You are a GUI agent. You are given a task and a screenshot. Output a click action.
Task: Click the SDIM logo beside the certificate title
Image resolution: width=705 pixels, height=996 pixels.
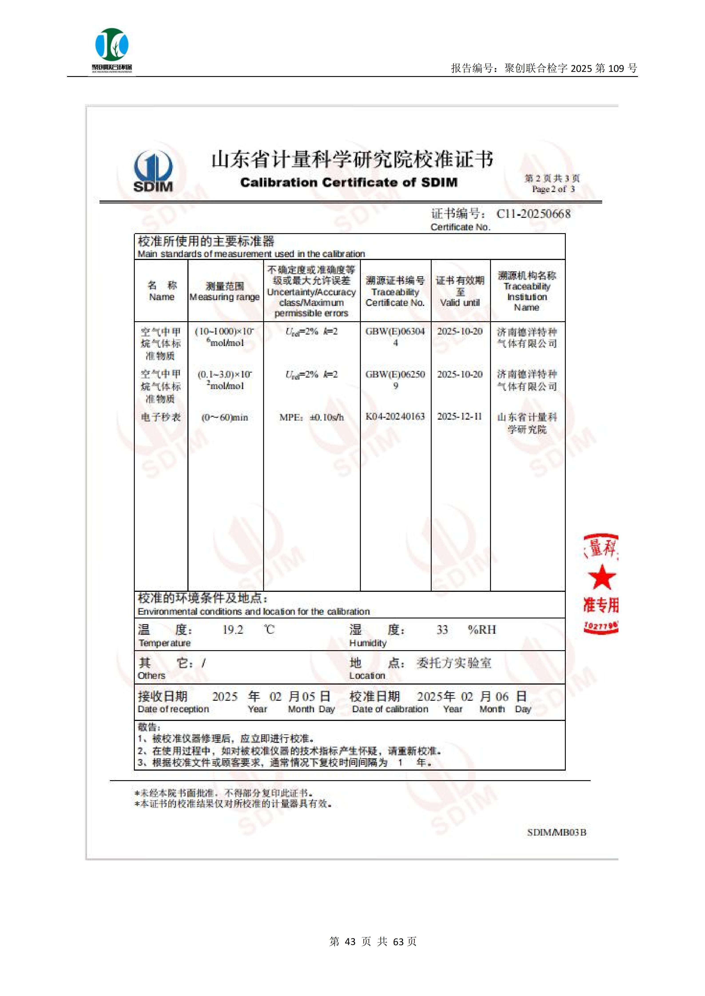pyautogui.click(x=153, y=171)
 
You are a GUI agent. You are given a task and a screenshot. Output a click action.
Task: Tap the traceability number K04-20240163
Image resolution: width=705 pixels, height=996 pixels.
pyautogui.click(x=395, y=416)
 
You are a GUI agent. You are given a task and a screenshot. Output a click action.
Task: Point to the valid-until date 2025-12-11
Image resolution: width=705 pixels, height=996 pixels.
pyautogui.click(x=460, y=416)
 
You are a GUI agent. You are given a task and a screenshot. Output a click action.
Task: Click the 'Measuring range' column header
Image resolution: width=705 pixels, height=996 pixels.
pyautogui.click(x=224, y=297)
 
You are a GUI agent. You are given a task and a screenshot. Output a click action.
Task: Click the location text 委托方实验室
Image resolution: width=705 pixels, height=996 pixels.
pyautogui.click(x=454, y=663)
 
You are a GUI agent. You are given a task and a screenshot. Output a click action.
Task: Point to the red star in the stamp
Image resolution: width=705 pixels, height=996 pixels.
pyautogui.click(x=602, y=577)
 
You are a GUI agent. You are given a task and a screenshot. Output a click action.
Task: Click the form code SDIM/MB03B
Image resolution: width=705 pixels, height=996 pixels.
pyautogui.click(x=556, y=832)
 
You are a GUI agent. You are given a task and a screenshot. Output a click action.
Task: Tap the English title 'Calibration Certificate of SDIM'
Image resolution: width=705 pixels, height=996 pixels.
pyautogui.click(x=349, y=182)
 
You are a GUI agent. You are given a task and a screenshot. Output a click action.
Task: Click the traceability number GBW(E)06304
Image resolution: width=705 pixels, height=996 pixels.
pyautogui.click(x=395, y=331)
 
